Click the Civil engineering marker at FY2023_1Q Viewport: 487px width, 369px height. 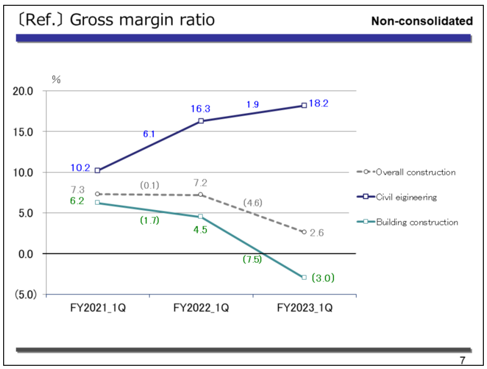click(x=304, y=105)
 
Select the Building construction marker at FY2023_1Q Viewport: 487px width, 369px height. click(x=304, y=277)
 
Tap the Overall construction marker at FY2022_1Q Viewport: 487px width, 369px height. click(x=201, y=195)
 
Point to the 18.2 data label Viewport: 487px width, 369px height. click(x=319, y=104)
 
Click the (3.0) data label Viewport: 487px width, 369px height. click(x=323, y=277)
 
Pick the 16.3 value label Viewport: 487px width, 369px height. click(x=201, y=109)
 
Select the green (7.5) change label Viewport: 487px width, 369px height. click(x=252, y=259)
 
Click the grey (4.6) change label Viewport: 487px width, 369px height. click(x=253, y=203)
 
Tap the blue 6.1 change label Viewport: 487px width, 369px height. click(x=149, y=134)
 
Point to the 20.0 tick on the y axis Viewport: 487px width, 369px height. click(x=23, y=91)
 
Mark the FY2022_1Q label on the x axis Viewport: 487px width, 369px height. click(x=201, y=308)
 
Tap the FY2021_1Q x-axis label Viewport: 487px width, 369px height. click(x=97, y=308)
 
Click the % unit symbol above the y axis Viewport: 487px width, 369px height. click(x=56, y=79)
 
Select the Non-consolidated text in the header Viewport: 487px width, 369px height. click(x=422, y=21)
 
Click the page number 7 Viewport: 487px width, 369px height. click(x=462, y=361)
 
